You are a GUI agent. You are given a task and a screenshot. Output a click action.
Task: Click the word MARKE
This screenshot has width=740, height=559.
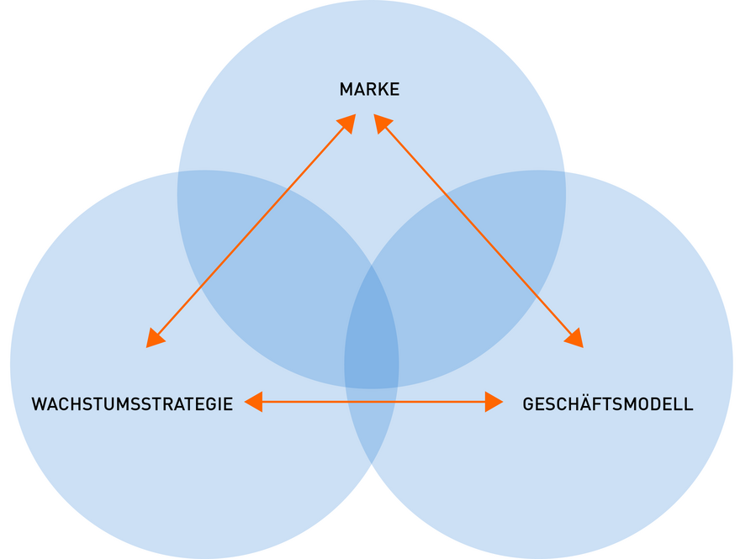pos(369,89)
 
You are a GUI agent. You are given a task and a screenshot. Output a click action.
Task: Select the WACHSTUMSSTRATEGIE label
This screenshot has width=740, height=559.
pos(132,404)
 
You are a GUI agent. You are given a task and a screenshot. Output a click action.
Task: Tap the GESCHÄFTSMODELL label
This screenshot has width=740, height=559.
pos(608,404)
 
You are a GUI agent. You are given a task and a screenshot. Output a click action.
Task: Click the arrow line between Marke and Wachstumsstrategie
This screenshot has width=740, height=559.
pos(252,230)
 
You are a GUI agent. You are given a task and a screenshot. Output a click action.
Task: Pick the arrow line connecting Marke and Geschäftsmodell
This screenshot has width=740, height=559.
pos(479,230)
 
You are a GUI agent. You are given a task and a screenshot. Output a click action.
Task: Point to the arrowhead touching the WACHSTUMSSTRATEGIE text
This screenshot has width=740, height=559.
pos(253,403)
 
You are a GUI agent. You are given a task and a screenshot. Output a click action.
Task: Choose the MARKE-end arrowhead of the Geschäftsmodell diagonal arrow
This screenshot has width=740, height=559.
pos(383,123)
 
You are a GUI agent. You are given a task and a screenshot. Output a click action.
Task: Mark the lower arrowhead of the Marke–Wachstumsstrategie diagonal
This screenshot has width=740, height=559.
pos(155,338)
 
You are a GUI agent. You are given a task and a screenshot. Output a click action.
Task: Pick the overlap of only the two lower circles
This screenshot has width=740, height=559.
pos(372,420)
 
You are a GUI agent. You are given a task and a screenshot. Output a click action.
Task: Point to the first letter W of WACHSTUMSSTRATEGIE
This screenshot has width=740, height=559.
pos(39,404)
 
